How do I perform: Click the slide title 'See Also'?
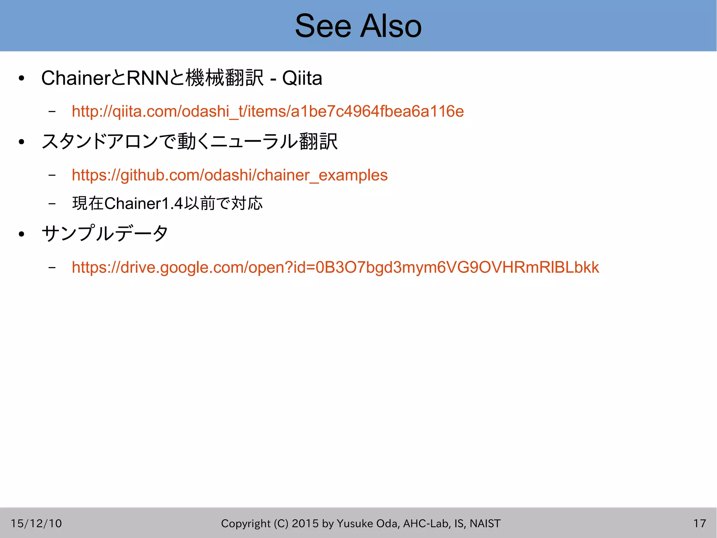[358, 26]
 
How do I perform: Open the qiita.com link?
[267, 111]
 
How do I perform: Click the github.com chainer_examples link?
[229, 175]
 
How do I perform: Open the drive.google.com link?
[335, 267]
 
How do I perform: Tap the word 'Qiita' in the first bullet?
[302, 78]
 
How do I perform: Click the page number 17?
[699, 523]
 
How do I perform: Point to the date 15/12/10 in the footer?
[36, 523]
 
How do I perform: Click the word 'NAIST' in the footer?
[485, 523]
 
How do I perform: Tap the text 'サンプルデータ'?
[105, 233]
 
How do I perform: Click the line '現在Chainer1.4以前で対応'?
[167, 203]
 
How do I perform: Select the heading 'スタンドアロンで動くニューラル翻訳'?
[189, 142]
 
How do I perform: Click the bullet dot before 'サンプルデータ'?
[22, 234]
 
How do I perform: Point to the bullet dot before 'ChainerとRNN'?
[22, 79]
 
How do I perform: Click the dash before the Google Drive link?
[52, 268]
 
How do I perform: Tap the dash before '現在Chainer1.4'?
[52, 203]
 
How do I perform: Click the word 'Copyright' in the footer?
[246, 523]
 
